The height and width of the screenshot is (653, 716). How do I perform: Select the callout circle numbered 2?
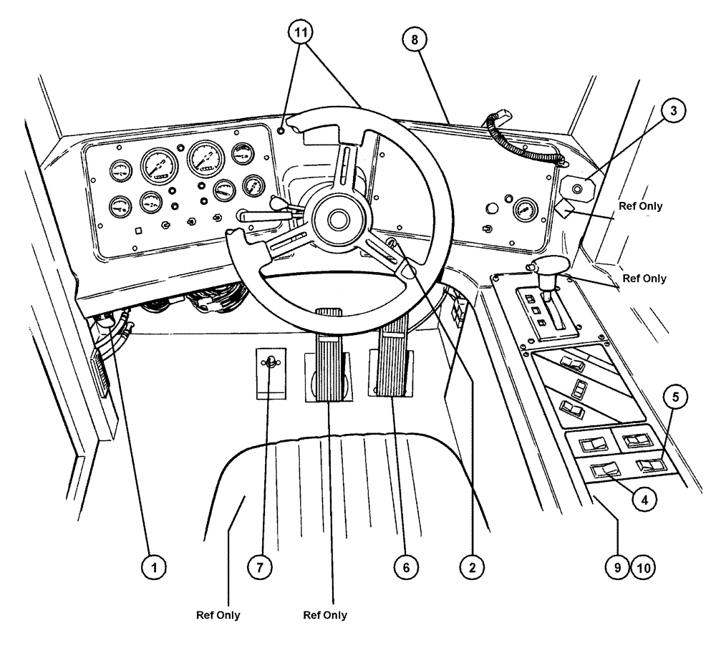[470, 568]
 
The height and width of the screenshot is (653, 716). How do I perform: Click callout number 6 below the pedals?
[406, 568]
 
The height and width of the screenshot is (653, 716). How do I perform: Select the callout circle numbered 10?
[643, 568]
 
